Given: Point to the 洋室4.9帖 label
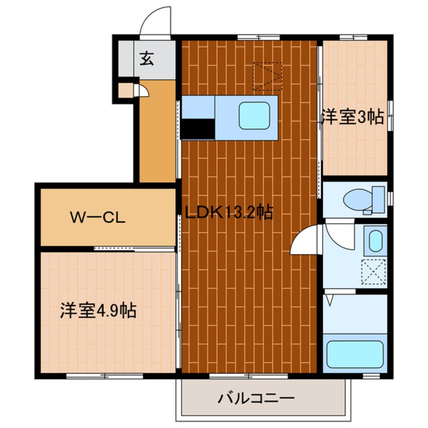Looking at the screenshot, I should tap(98, 310).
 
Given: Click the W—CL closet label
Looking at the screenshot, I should tap(98, 219).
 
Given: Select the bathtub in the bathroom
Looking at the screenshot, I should tap(355, 354).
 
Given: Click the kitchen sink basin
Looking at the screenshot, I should tap(254, 115).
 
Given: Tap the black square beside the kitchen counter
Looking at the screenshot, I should tap(198, 129).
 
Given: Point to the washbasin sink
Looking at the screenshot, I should tap(374, 241).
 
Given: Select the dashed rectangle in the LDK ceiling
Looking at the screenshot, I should tap(268, 76).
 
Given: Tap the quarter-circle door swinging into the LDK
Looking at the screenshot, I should tap(305, 240).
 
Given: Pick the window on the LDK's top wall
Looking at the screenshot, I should tap(258, 36).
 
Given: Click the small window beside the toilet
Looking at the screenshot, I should tap(390, 198).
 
